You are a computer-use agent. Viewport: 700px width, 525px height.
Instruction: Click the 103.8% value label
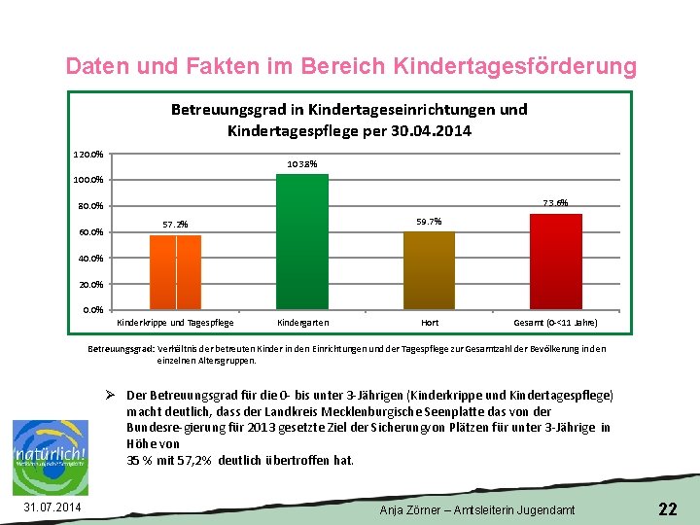[x=302, y=163]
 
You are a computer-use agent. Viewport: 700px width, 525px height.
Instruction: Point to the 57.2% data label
[x=175, y=225]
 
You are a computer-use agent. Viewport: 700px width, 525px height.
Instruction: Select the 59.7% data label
[x=429, y=222]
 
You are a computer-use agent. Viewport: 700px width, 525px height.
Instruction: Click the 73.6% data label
[x=555, y=203]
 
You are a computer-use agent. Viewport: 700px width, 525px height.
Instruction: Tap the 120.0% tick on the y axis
[x=88, y=154]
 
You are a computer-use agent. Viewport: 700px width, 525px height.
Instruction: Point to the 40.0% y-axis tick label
[x=90, y=258]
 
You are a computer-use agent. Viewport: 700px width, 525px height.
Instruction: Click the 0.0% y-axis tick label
[x=93, y=310]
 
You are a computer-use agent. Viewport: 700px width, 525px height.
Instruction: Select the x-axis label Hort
[x=429, y=322]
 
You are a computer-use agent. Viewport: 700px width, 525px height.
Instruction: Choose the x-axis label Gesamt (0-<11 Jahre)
[x=555, y=322]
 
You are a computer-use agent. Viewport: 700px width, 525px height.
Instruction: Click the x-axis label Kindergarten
[x=302, y=322]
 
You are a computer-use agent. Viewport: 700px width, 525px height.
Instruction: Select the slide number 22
[x=667, y=508]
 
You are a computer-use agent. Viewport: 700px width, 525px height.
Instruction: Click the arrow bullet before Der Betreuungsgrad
[x=112, y=395]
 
